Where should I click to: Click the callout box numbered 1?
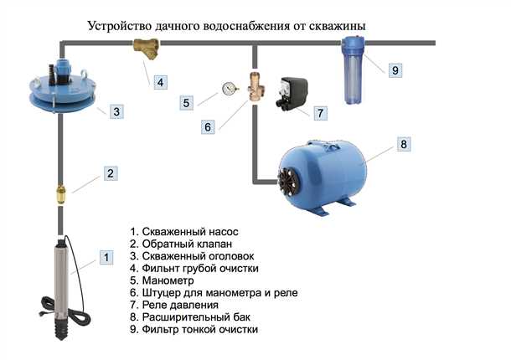tap(105, 257)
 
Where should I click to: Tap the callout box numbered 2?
tap(109, 174)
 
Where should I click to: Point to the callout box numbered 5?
tap(188, 103)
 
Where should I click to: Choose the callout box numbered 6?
tap(207, 126)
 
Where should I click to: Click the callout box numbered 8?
tap(402, 145)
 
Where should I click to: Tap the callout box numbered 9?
tap(395, 71)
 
